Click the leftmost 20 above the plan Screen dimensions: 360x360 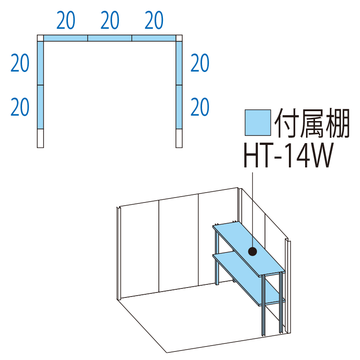(x=66, y=21)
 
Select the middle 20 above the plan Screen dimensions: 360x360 (x=110, y=21)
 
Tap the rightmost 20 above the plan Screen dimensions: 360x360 (x=154, y=21)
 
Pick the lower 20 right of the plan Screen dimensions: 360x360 (x=200, y=107)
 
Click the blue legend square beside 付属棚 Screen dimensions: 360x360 (x=257, y=122)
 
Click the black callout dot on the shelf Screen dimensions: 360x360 (x=253, y=252)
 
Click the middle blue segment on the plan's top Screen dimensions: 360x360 (x=110, y=38)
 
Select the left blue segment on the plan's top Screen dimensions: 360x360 (x=66, y=38)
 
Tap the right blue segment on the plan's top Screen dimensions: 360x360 (x=154, y=38)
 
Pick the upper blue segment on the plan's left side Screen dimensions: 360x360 (x=40, y=63)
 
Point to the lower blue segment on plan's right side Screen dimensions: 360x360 (x=180, y=107)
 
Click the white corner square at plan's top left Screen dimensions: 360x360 (x=40, y=38)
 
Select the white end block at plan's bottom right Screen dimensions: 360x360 (x=180, y=139)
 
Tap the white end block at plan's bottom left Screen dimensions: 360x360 (x=40, y=139)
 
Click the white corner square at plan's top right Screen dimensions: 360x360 (x=180, y=38)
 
